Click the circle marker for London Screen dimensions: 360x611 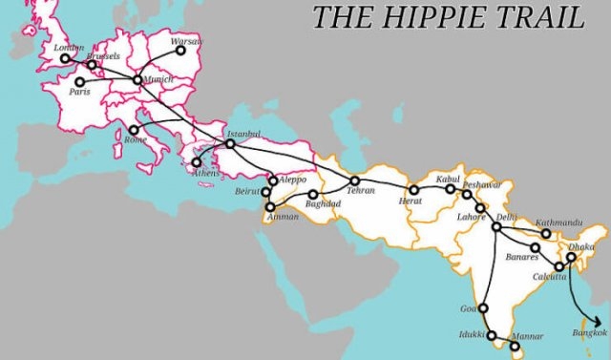pos(65,58)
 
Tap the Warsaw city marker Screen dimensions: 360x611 pos(179,51)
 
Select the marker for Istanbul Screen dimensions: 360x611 pos(230,144)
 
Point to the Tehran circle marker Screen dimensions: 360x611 pos(354,180)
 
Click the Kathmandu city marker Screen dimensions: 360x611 pos(546,233)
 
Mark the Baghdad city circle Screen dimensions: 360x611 pos(313,194)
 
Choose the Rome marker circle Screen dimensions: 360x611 pos(134,130)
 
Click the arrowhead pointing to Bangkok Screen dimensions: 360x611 pos(601,323)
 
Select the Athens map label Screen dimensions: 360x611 pos(204,174)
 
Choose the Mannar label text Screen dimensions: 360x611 pos(528,336)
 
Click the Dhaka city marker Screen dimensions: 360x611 pos(572,256)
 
